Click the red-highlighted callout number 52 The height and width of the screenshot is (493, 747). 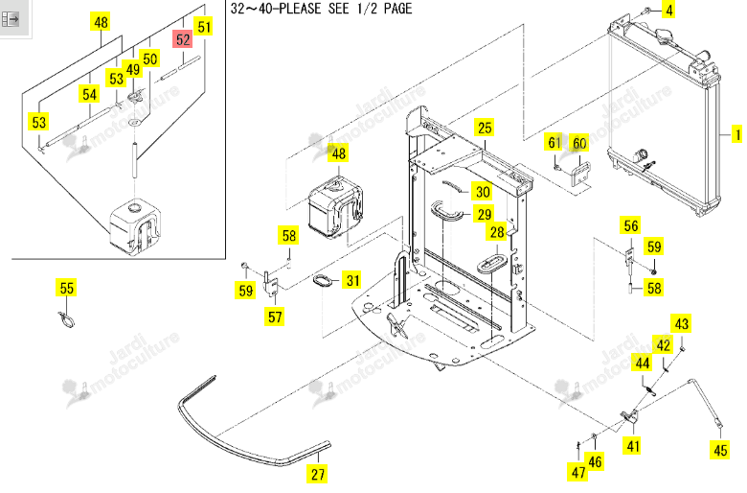(x=183, y=39)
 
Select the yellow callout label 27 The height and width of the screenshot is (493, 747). (x=318, y=474)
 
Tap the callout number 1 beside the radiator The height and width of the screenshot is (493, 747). (x=737, y=134)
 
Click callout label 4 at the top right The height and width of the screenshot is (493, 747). (x=669, y=10)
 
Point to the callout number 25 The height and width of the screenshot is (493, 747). (x=485, y=128)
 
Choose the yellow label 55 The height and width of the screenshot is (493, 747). (x=67, y=288)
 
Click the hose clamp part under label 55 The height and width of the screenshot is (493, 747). (x=66, y=319)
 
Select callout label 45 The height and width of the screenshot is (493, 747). (x=720, y=450)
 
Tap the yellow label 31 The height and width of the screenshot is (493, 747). (x=352, y=280)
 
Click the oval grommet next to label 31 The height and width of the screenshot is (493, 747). (x=324, y=281)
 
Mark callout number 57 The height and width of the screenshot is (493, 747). (x=275, y=317)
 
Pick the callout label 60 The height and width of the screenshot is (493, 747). (x=579, y=143)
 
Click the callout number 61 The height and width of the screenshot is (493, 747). (x=555, y=142)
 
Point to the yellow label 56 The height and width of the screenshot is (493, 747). (x=631, y=225)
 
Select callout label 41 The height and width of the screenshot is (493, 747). (x=633, y=446)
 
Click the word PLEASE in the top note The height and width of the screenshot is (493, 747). (x=300, y=8)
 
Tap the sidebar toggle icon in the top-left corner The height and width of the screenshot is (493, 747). (x=10, y=19)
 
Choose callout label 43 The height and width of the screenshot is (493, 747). (x=681, y=324)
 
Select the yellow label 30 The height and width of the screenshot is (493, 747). (x=483, y=192)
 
